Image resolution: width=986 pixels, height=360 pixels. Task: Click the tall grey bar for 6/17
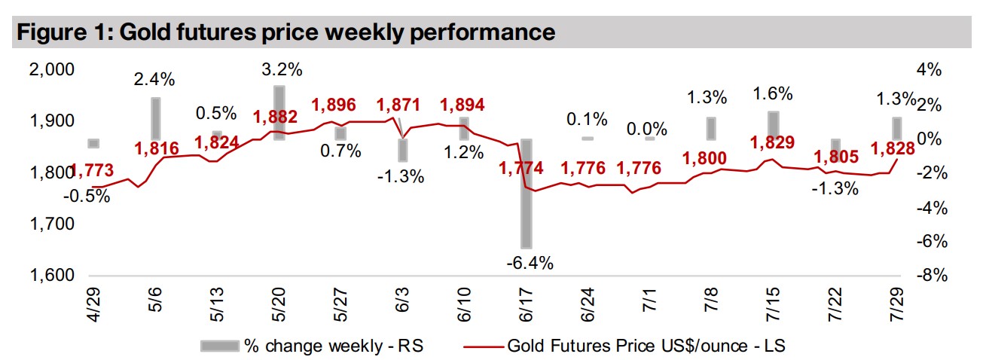click(525, 194)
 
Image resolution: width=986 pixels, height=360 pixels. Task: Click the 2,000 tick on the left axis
click(53, 70)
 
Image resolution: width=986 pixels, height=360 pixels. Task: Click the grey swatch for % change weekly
click(218, 346)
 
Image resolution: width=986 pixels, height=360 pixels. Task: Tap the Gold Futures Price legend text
click(646, 346)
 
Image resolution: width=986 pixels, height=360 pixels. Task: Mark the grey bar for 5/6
click(156, 118)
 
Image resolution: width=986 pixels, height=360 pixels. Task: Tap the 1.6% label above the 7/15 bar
click(774, 94)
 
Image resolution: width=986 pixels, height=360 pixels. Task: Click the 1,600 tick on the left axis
click(53, 276)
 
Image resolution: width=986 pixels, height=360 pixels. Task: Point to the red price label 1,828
click(893, 148)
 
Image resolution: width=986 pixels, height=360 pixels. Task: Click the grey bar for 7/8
click(710, 128)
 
